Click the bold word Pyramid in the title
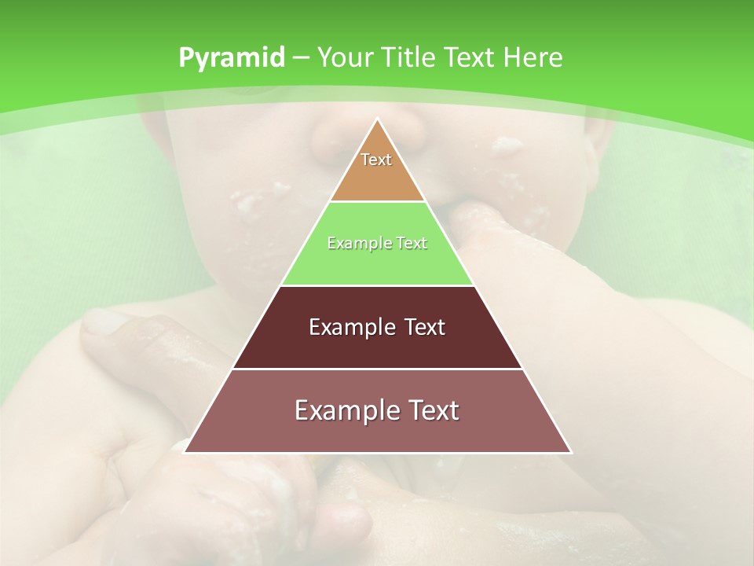(x=231, y=58)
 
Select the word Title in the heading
(x=408, y=58)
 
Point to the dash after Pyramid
(x=300, y=58)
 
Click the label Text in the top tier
(x=376, y=160)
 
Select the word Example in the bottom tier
(x=342, y=410)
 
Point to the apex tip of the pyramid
(x=377, y=120)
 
